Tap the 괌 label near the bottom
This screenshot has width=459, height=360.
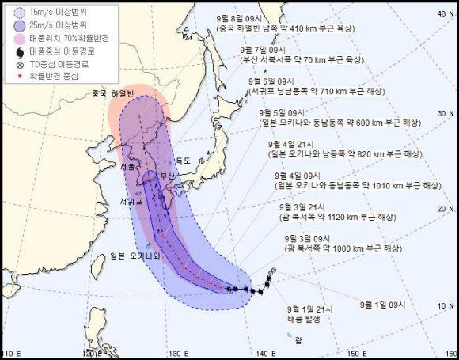pos(298,340)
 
